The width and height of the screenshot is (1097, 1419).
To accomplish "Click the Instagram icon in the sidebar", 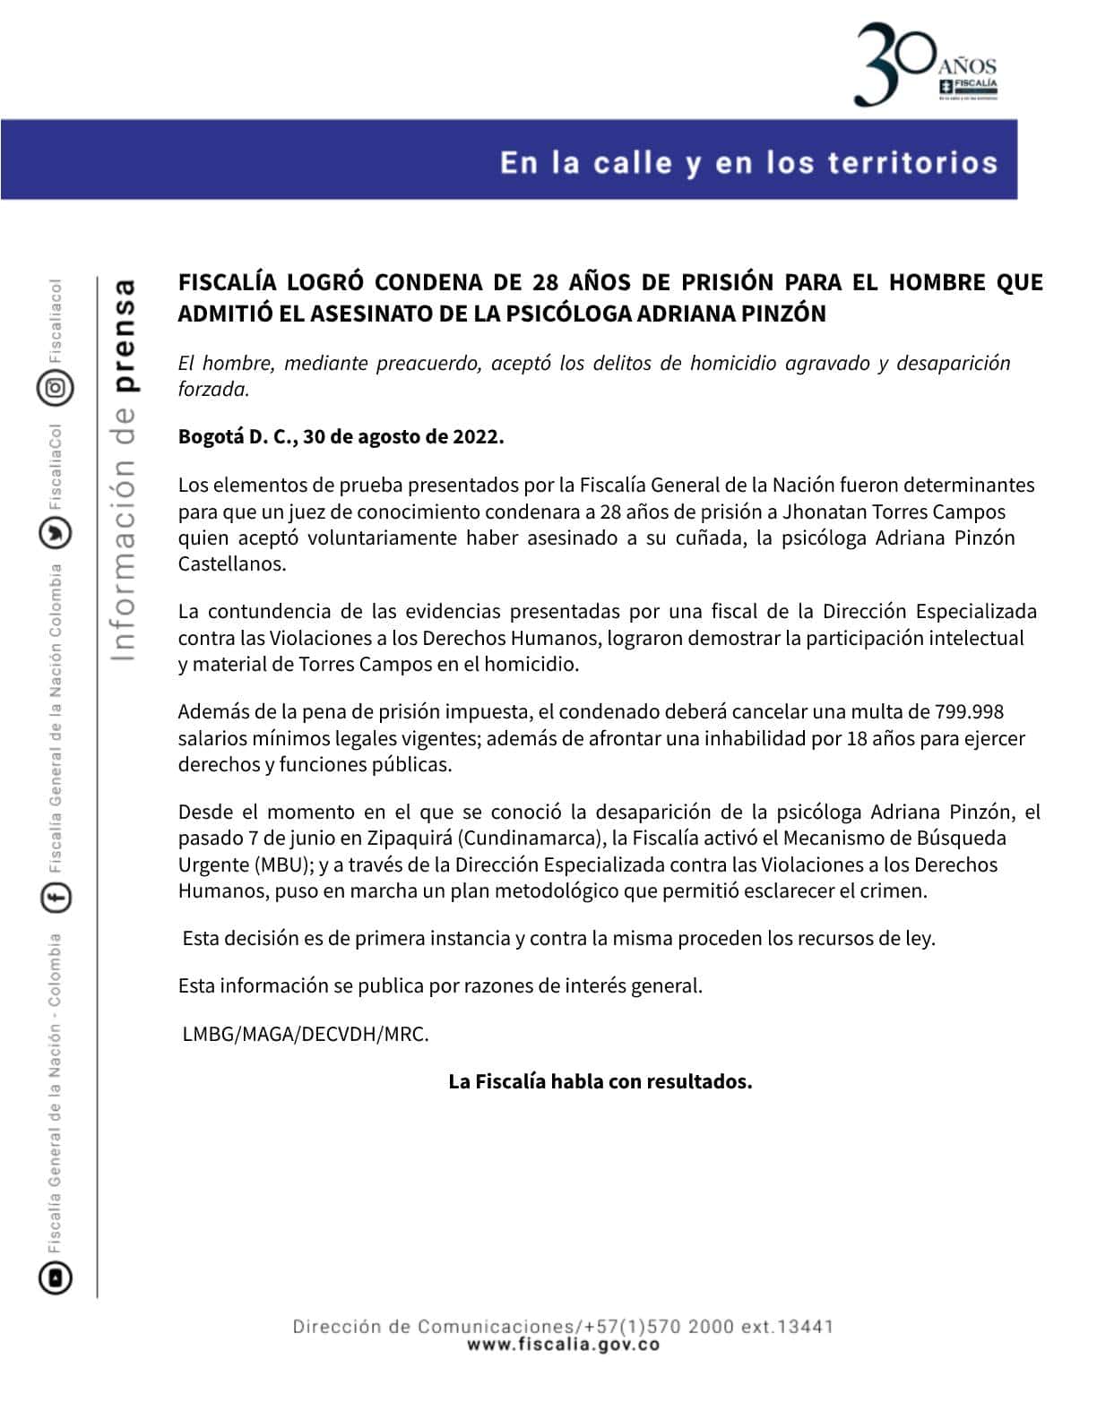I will click(56, 388).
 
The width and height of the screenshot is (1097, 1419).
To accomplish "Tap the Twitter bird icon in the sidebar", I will click(56, 534).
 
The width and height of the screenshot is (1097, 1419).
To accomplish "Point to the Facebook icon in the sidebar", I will click(56, 897).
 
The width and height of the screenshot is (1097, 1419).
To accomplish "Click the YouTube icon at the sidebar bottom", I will click(56, 1277).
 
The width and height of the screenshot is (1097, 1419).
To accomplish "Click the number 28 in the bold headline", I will click(546, 282).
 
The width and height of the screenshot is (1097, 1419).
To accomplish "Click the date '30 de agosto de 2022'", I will click(403, 437).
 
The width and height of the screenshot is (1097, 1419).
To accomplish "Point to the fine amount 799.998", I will click(969, 712).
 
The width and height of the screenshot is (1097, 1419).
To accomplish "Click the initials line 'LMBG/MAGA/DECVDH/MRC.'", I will click(306, 1034).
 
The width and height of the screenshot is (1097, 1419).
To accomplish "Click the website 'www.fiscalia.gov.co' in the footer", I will click(563, 1345).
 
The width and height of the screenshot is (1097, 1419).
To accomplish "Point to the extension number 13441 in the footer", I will click(808, 1327).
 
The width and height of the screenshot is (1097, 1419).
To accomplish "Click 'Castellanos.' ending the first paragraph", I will click(232, 564).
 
